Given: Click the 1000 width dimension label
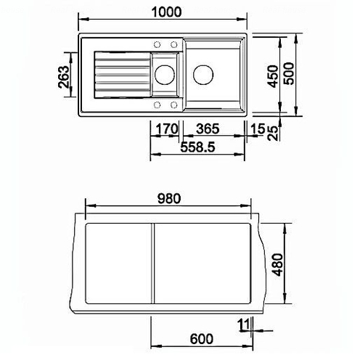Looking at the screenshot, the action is click(x=166, y=12).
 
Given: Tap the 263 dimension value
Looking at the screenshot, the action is click(x=64, y=77).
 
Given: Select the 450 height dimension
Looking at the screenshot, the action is click(x=272, y=76).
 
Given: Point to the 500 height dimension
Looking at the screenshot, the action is click(x=289, y=73).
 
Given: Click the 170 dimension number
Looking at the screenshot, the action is click(x=167, y=129).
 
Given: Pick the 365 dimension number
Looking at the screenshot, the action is click(x=208, y=129).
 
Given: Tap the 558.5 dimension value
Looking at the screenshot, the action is click(x=197, y=147).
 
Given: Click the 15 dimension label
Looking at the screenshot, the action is click(x=258, y=129).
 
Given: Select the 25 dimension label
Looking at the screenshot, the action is click(x=273, y=133).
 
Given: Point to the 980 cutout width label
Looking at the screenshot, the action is click(x=169, y=198).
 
